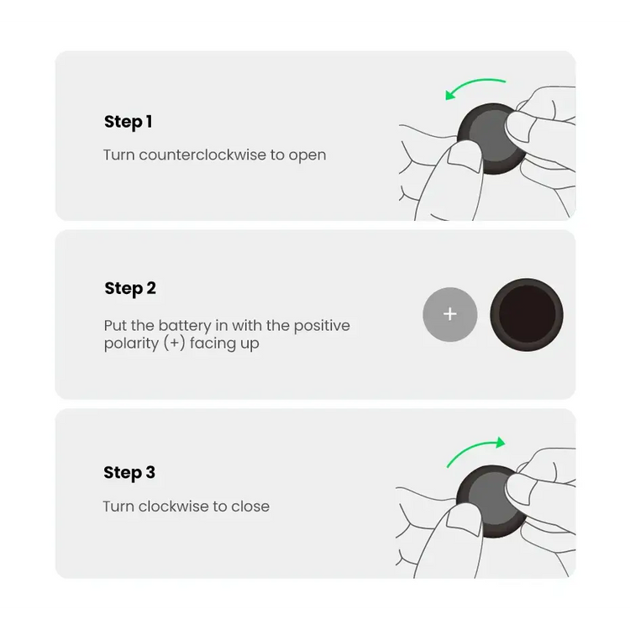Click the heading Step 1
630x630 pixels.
pyautogui.click(x=129, y=122)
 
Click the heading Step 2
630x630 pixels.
pyautogui.click(x=130, y=288)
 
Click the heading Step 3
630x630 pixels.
pyautogui.click(x=129, y=472)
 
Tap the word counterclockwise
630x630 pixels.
pyautogui.click(x=202, y=155)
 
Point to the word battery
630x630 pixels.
pyautogui.click(x=185, y=326)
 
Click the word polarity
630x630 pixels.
pyautogui.click(x=131, y=344)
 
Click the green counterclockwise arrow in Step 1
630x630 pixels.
pyautogui.click(x=475, y=83)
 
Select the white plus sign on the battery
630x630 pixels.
pyautogui.click(x=450, y=314)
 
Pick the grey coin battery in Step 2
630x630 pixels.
pyautogui.click(x=450, y=315)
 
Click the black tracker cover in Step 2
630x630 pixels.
pyautogui.click(x=527, y=315)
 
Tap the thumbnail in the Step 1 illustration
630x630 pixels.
pyautogui.click(x=465, y=158)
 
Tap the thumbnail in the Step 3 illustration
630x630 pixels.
pyautogui.click(x=464, y=520)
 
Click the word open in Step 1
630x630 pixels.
pyautogui.click(x=307, y=156)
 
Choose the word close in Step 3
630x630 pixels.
pyautogui.click(x=250, y=507)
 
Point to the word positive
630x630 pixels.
pyautogui.click(x=322, y=326)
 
